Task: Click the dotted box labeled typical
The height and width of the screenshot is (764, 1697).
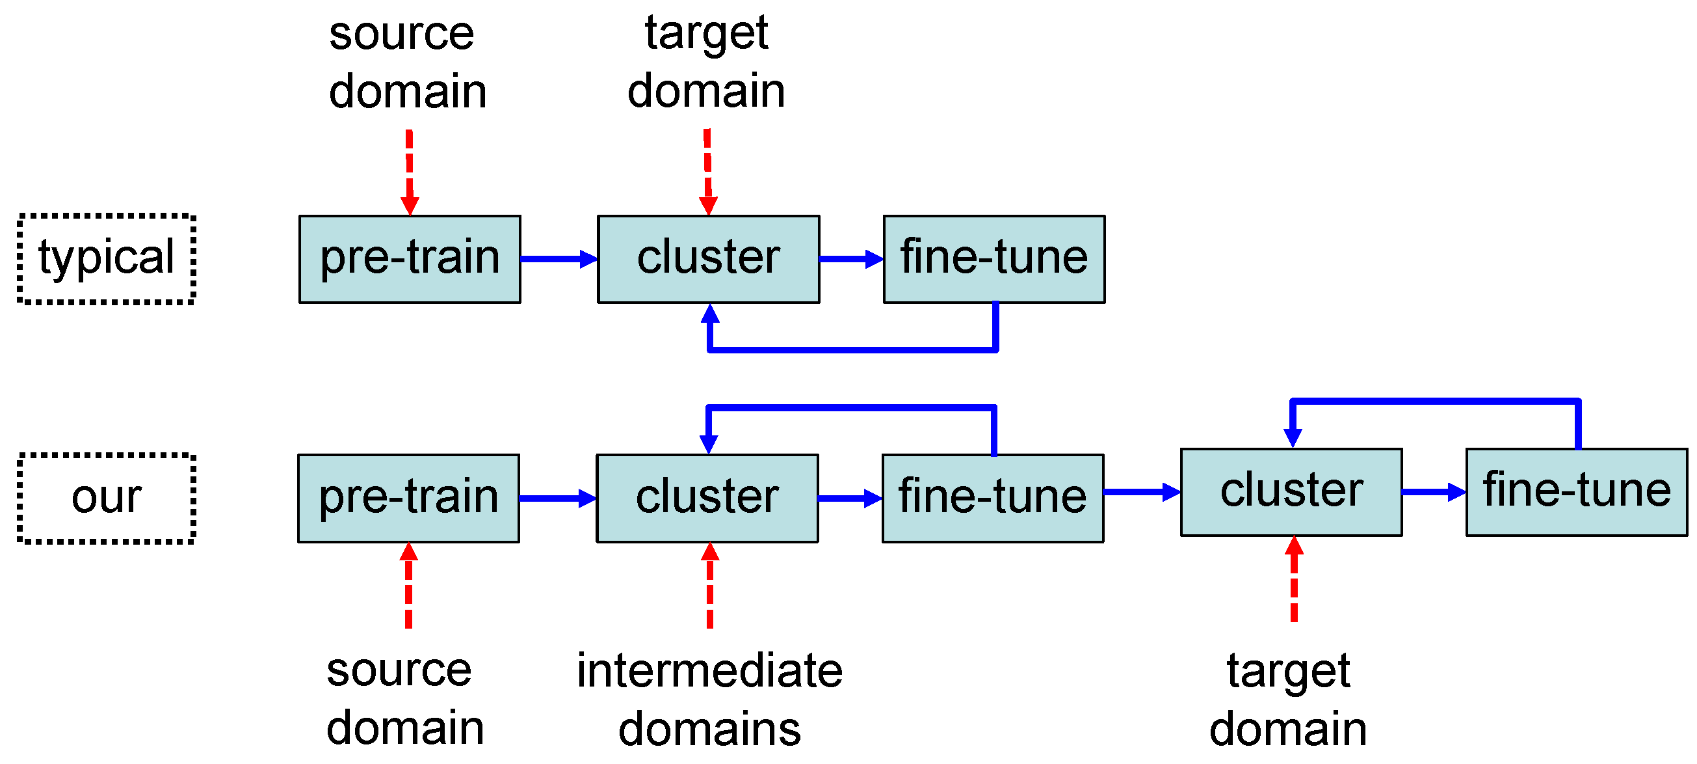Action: click(106, 259)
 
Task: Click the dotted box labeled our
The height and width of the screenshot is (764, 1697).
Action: click(106, 498)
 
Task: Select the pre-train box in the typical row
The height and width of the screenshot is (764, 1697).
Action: click(410, 259)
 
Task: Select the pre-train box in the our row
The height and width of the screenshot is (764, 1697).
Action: click(408, 498)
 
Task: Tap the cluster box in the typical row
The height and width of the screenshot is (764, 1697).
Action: click(708, 259)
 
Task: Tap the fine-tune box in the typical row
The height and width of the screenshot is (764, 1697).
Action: click(994, 259)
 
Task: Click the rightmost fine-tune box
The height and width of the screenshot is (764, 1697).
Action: click(1577, 493)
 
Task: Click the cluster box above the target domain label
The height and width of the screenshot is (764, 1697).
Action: click(1291, 493)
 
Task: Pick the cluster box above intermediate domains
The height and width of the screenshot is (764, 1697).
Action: click(707, 498)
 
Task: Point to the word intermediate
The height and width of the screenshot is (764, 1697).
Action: click(709, 670)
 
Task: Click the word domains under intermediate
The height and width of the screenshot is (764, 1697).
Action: click(709, 729)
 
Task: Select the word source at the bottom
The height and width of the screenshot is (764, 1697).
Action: click(399, 670)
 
